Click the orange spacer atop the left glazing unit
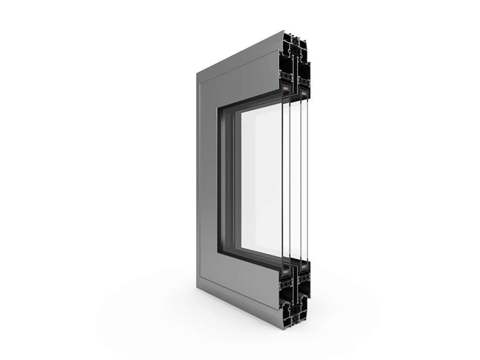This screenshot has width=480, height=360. tap(285, 89)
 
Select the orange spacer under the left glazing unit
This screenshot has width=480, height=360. tap(285, 271)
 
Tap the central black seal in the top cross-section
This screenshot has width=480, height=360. tap(295, 63)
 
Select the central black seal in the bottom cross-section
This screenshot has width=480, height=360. tap(295, 297)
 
